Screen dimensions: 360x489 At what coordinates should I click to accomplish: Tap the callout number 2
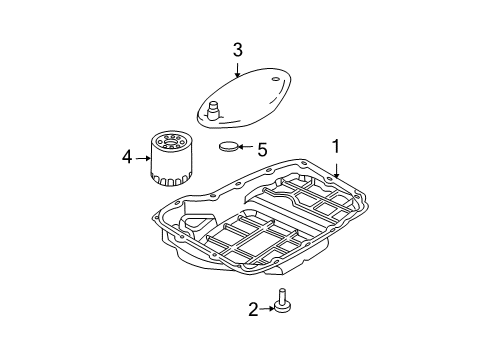coord(253,309)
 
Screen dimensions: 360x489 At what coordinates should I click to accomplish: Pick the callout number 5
coord(262,150)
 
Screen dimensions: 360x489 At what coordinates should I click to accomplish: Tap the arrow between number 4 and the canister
coord(142,156)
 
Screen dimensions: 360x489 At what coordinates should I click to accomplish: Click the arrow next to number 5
coord(249,150)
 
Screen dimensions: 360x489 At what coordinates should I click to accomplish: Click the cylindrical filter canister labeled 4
coord(168,157)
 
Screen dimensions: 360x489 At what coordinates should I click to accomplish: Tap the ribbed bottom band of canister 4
coord(168,177)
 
